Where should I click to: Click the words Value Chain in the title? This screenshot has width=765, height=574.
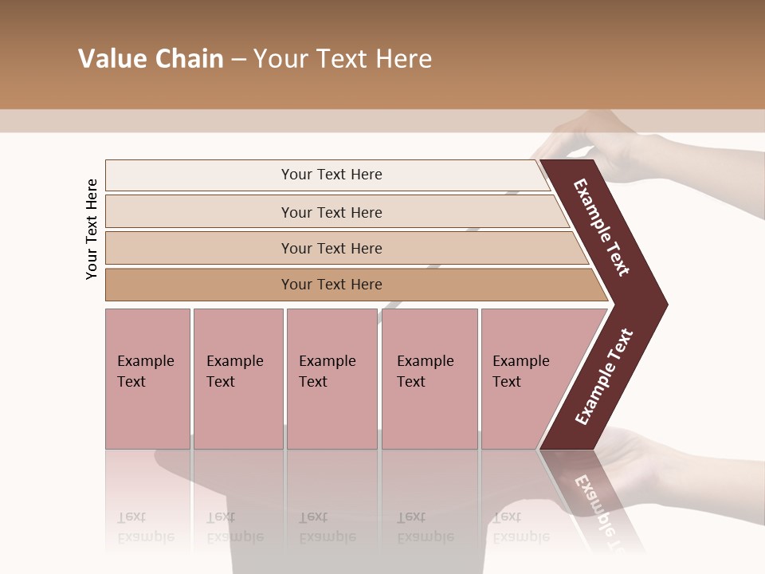pos(151,59)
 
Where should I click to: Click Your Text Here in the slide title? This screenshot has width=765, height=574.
pos(343,59)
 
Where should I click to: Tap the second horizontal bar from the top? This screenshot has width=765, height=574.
pos(331,212)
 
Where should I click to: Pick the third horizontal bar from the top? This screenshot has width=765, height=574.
pos(331,248)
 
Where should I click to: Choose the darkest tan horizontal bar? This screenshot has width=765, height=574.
pos(331,285)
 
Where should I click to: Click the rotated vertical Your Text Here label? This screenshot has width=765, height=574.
pos(92,229)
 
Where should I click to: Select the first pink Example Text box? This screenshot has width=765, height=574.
pos(147,379)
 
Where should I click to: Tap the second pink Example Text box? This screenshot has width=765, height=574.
pos(237,379)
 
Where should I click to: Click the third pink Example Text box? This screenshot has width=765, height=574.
pos(331,379)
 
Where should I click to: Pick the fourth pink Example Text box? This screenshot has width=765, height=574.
pos(429,379)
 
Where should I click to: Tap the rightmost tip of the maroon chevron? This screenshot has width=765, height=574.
pos(663,304)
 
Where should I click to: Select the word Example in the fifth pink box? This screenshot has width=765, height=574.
pos(520,361)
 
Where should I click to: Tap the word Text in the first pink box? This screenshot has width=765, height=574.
pos(131,382)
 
